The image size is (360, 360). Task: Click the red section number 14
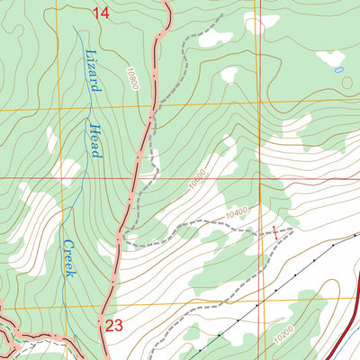pos(102,12)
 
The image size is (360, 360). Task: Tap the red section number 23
pos(112,326)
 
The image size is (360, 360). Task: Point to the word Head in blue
pos(93,141)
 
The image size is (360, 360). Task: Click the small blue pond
pos(338,68)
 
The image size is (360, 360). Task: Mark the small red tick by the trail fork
pos(275,231)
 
